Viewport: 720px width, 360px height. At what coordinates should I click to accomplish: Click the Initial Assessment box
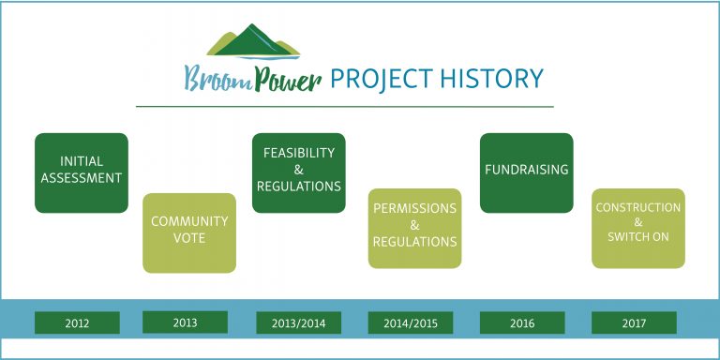click(82, 172)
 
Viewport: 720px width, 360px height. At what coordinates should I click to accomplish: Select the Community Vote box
click(189, 232)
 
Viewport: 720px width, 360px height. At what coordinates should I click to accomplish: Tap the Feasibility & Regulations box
click(299, 172)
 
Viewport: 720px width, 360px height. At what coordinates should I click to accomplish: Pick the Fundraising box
click(526, 172)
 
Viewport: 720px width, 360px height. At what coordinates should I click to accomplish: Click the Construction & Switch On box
click(638, 227)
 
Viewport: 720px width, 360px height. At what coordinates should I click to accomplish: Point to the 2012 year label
click(78, 323)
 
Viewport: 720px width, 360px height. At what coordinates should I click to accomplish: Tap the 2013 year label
click(186, 322)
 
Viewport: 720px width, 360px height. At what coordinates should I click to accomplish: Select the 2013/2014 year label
click(299, 323)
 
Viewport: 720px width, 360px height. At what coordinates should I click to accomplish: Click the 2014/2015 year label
click(411, 323)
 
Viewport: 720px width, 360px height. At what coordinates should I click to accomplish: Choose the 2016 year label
click(522, 323)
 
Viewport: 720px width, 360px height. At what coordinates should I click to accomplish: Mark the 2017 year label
click(634, 323)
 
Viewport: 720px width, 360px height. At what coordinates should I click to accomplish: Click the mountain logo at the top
click(253, 43)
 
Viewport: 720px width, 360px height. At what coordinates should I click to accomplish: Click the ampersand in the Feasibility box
click(299, 170)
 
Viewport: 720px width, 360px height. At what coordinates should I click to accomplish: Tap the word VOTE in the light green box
click(189, 238)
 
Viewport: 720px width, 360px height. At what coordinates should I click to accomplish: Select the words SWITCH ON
click(638, 237)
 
